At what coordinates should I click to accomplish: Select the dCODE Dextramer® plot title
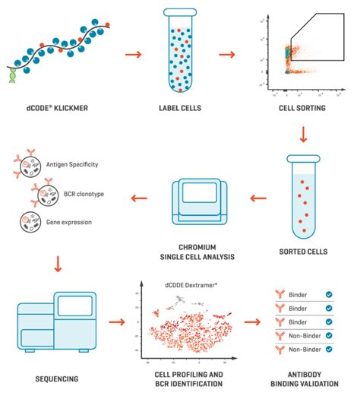point(190,285)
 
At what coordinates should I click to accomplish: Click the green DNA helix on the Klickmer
point(16,73)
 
